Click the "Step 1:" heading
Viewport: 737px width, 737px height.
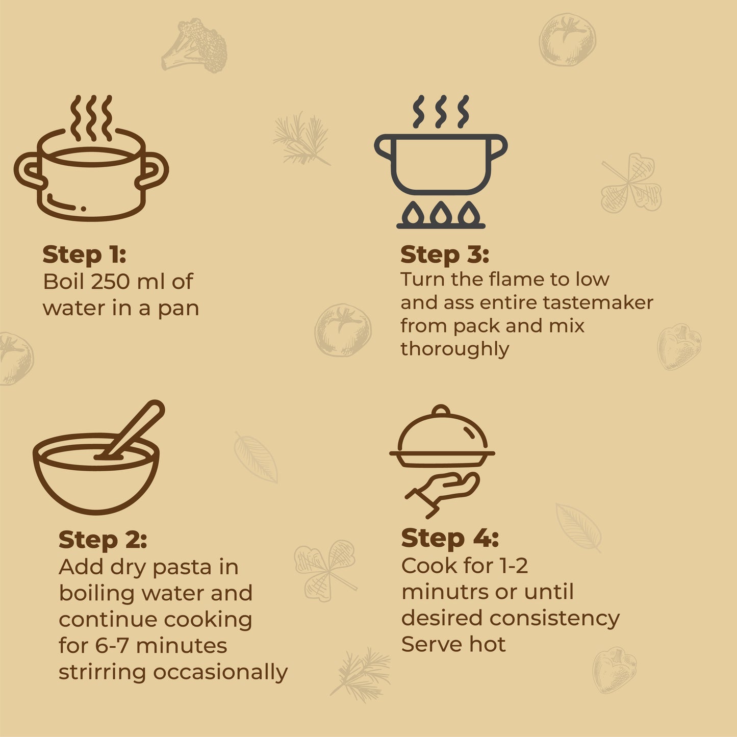click(84, 255)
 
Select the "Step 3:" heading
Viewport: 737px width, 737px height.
click(445, 255)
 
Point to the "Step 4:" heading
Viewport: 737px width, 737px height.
click(450, 538)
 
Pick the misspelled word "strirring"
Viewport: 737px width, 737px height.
click(102, 673)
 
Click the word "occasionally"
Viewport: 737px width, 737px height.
click(220, 673)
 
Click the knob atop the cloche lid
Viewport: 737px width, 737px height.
click(441, 410)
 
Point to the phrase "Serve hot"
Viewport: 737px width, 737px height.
click(453, 645)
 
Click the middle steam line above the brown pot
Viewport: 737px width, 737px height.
click(91, 118)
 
